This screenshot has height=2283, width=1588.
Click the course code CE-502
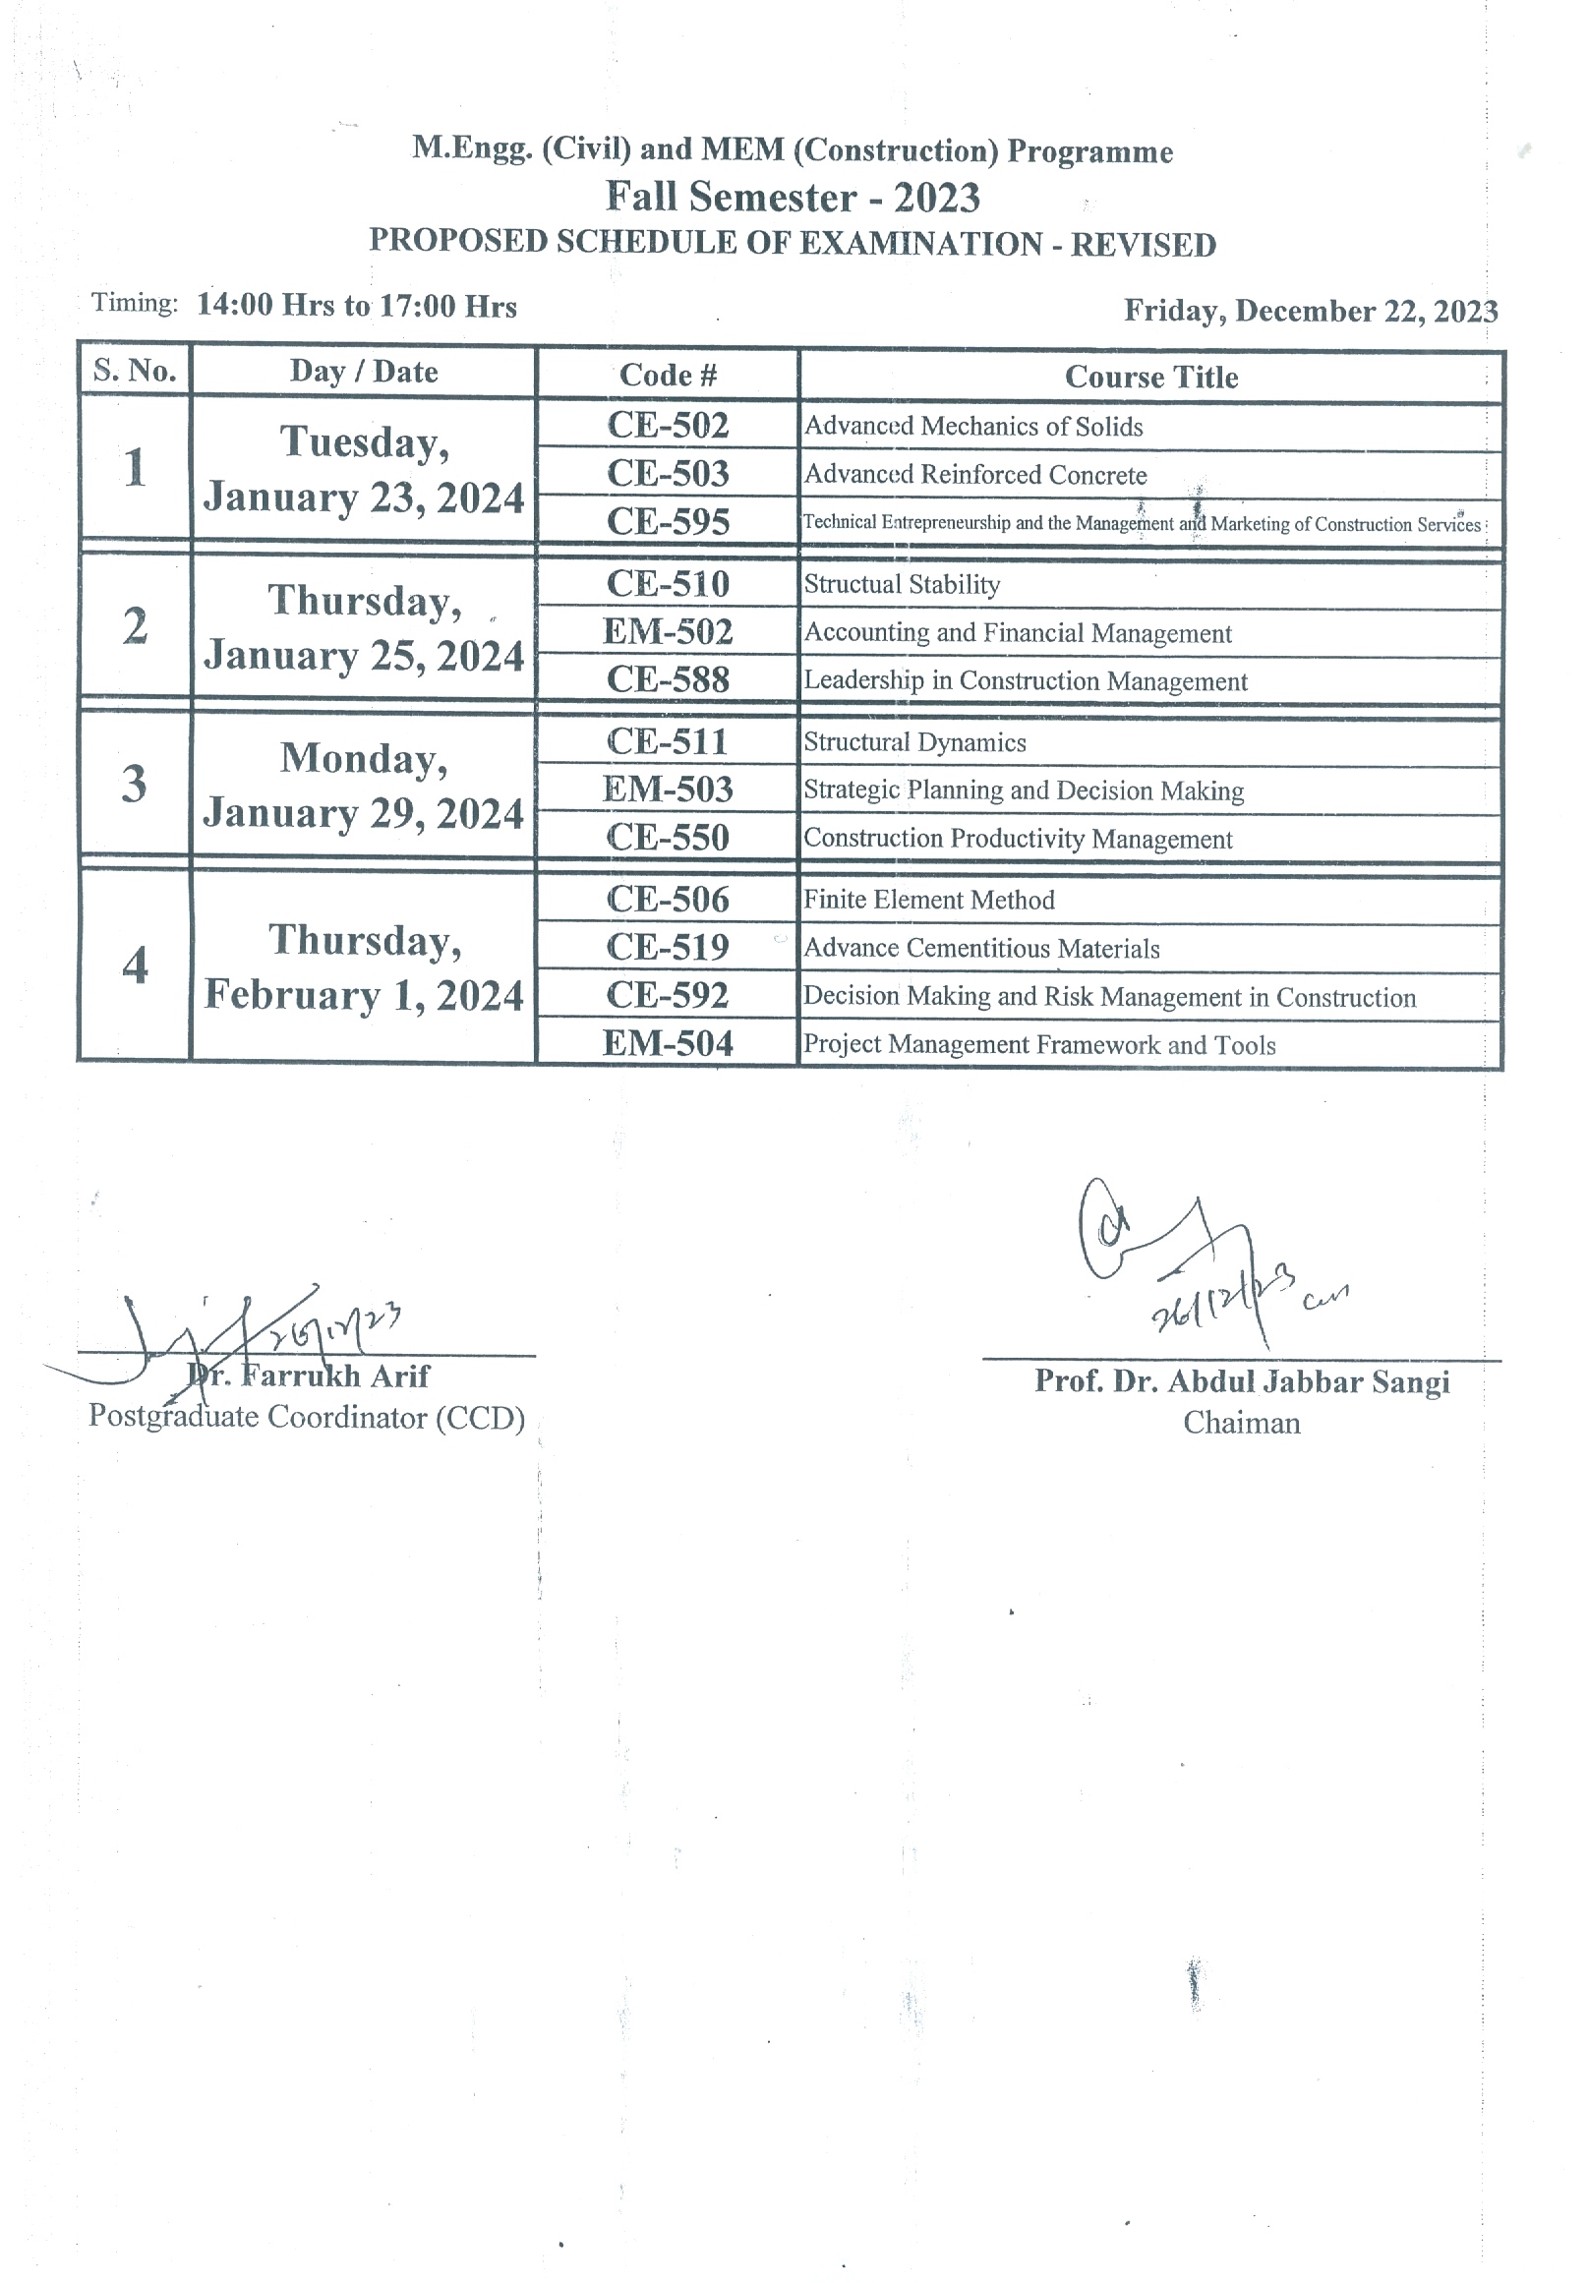pos(668,426)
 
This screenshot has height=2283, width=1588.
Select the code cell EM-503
pos(668,790)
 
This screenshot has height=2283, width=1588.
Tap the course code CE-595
pos(668,521)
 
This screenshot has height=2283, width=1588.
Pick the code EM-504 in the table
pos(668,1043)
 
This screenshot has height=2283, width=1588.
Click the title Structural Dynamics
pos(913,742)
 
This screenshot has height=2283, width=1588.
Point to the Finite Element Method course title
pos(928,900)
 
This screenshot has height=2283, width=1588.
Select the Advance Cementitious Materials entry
pos(980,949)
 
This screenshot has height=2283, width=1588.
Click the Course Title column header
pos(1150,377)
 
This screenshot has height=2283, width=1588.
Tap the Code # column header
pos(668,375)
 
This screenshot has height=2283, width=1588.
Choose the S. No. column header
pos(135,371)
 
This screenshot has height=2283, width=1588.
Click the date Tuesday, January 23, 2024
pos(364,469)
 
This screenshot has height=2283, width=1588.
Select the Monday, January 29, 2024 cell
pos(364,786)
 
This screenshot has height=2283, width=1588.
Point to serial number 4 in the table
pos(135,966)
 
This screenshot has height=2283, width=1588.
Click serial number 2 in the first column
pos(135,626)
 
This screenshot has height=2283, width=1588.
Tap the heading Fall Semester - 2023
pos(793,197)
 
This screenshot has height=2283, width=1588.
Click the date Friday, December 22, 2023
pos(1310,312)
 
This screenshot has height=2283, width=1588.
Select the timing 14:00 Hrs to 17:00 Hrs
pos(356,305)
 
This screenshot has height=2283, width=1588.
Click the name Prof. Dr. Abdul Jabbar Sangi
pos(1241,1382)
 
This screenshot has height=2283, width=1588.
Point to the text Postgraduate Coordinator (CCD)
pos(306,1417)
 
